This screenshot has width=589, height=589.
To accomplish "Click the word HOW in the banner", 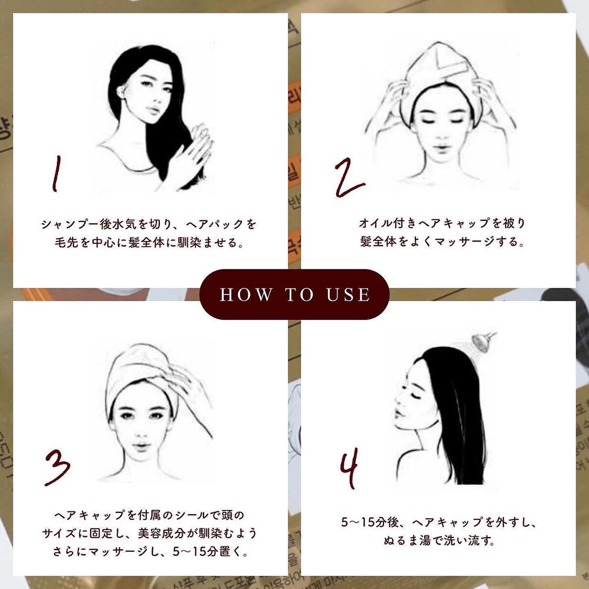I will (246, 294).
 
